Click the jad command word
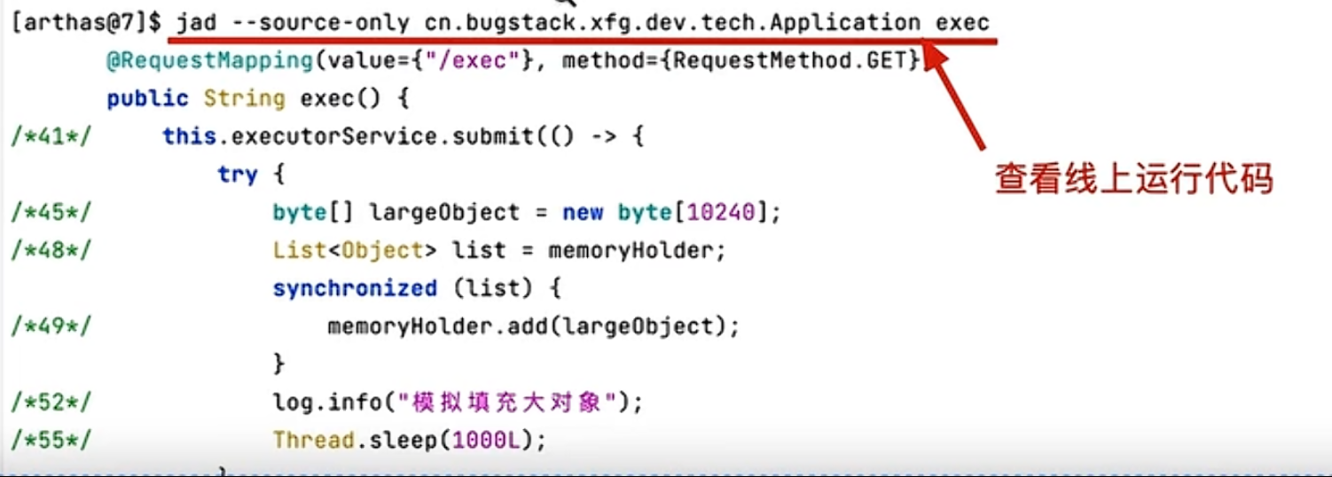(195, 22)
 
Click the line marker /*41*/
(51, 137)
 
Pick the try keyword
(237, 175)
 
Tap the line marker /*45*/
(51, 213)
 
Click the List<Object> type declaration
(355, 251)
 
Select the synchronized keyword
(355, 289)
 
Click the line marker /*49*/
(51, 326)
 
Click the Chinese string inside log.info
(508, 403)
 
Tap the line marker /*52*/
(51, 403)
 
